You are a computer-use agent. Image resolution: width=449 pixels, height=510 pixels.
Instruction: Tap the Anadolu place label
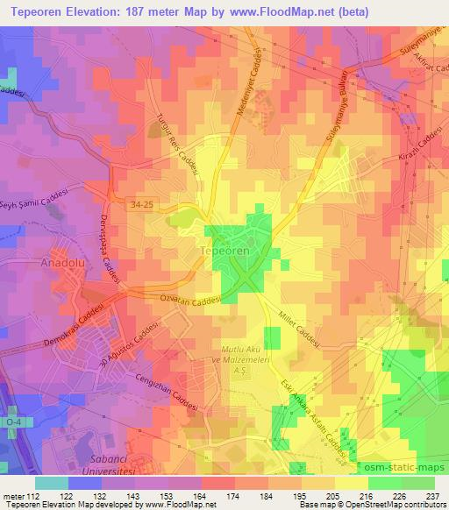click(x=37, y=261)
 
